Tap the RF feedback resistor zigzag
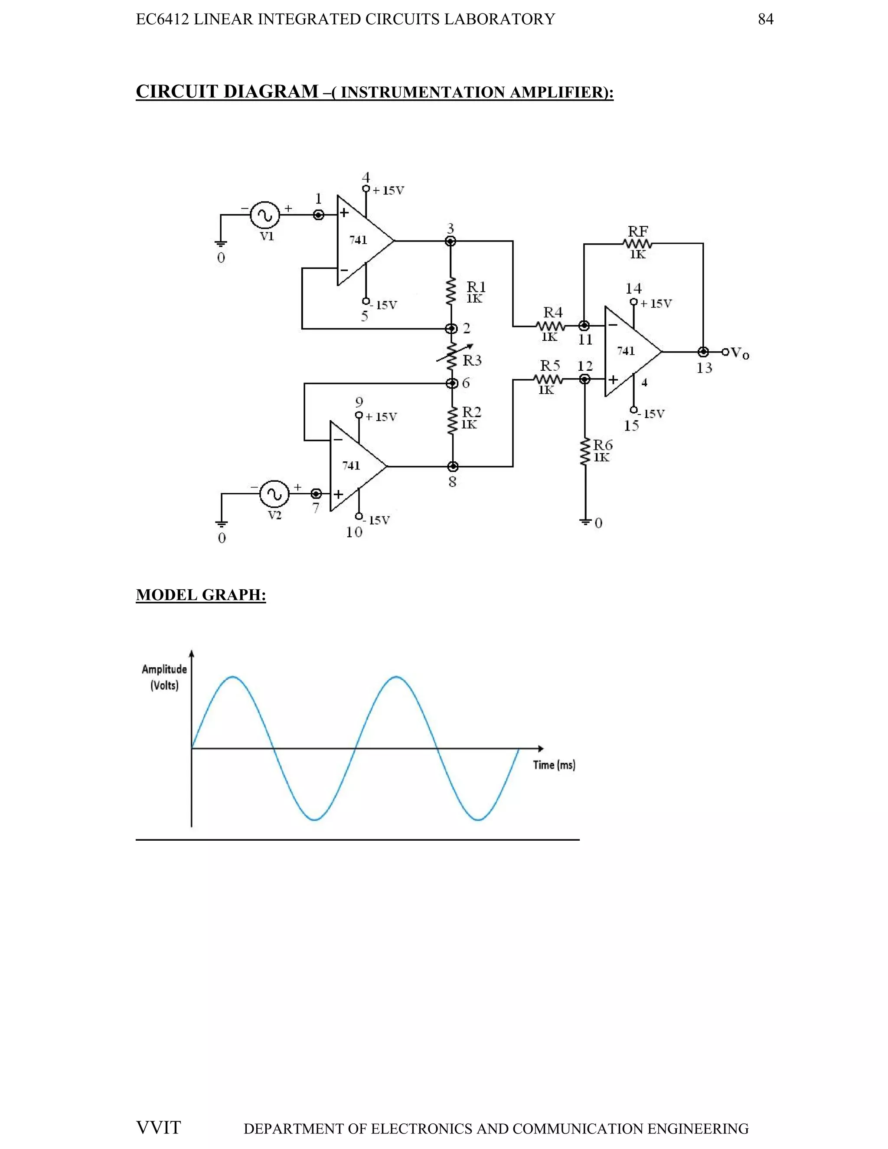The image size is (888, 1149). (x=637, y=244)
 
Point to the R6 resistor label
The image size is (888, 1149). (x=603, y=445)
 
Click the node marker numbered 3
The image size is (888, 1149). (x=451, y=241)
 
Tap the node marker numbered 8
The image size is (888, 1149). (x=452, y=467)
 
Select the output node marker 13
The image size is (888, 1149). (x=703, y=352)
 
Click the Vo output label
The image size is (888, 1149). (x=739, y=353)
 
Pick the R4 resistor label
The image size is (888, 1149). (x=552, y=312)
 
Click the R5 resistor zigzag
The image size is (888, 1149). (x=548, y=379)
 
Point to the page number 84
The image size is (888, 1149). (x=765, y=20)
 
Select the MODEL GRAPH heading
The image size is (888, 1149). (x=200, y=595)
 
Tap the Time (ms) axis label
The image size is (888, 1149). (x=554, y=765)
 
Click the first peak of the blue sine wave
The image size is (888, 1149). (x=233, y=677)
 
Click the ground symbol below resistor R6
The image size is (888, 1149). (x=584, y=521)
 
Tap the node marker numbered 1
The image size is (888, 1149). (x=318, y=215)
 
